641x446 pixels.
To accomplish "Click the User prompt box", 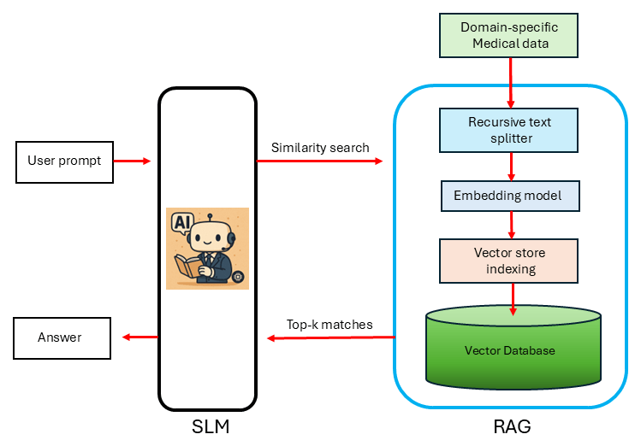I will [x=64, y=161].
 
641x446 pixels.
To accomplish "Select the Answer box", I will [x=61, y=337].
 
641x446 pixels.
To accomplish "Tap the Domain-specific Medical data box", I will [x=509, y=36].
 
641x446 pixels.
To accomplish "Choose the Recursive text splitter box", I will [x=510, y=129].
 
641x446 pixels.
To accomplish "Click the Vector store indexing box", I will [x=509, y=261].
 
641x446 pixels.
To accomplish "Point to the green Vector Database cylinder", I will [x=513, y=349].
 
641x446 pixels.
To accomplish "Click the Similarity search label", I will [x=320, y=148].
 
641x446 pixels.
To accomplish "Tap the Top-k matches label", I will [x=329, y=325].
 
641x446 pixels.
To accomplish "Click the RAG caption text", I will [x=511, y=425].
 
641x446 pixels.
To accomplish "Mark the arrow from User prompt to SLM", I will [x=134, y=161].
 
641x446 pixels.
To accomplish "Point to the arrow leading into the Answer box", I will [x=139, y=337].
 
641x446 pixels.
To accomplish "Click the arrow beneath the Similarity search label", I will [x=320, y=161].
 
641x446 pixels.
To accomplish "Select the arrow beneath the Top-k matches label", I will [x=330, y=338].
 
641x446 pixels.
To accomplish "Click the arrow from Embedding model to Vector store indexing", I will [x=512, y=225].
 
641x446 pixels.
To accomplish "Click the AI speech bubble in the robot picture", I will [x=183, y=224].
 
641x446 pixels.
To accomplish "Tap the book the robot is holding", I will [x=190, y=265].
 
